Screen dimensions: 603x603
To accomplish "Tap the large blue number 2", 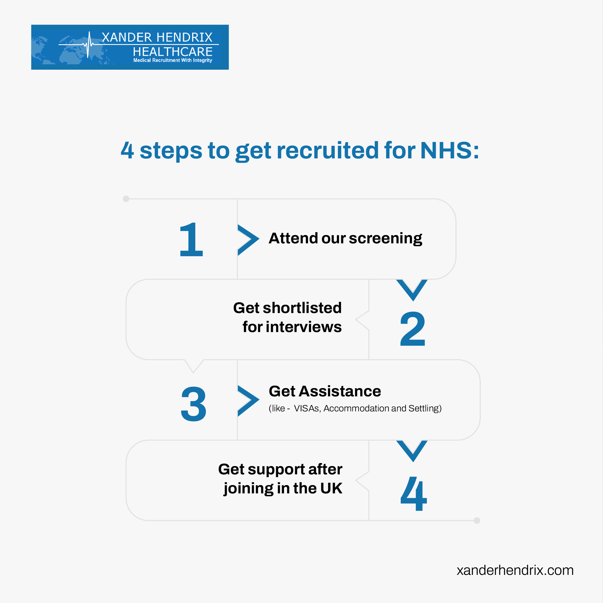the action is coord(413,328).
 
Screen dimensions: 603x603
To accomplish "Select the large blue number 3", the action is coord(193,404).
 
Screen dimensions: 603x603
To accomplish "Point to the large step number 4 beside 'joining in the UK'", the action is coord(413,494).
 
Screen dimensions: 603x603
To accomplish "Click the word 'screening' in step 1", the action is coord(385,239).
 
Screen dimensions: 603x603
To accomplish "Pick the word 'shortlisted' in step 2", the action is coord(302,308).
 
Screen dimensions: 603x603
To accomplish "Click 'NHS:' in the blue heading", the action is coord(450,150).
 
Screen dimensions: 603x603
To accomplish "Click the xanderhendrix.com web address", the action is coord(515,570).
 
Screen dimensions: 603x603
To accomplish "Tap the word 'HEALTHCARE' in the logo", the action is coord(173,51).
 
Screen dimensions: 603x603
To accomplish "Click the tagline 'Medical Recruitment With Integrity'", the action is coord(173,60).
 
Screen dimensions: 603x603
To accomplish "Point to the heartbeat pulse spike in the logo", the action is coord(89,45).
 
